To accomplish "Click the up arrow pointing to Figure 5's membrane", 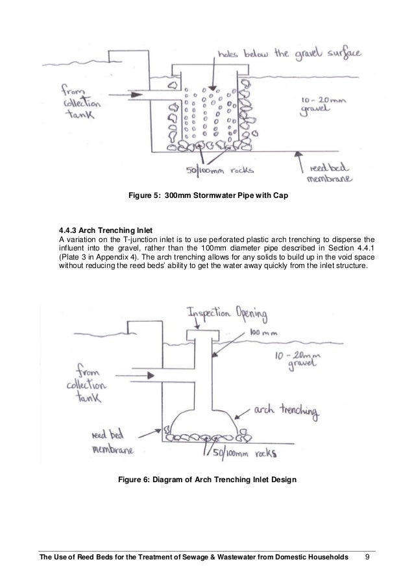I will (x=297, y=156).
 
